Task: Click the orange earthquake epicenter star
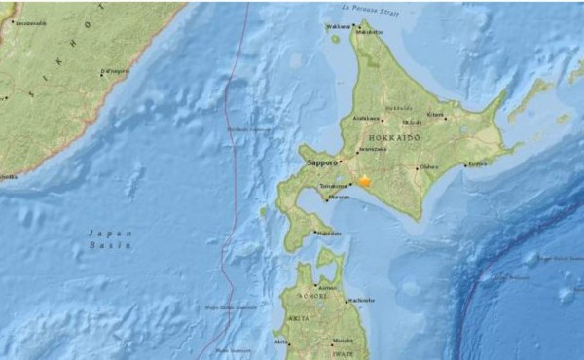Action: (x=365, y=181)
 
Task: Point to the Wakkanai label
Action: (x=338, y=26)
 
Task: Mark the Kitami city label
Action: (x=435, y=116)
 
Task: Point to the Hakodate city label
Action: (x=329, y=234)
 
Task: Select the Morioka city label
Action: (x=342, y=341)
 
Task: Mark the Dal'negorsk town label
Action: (x=115, y=71)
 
